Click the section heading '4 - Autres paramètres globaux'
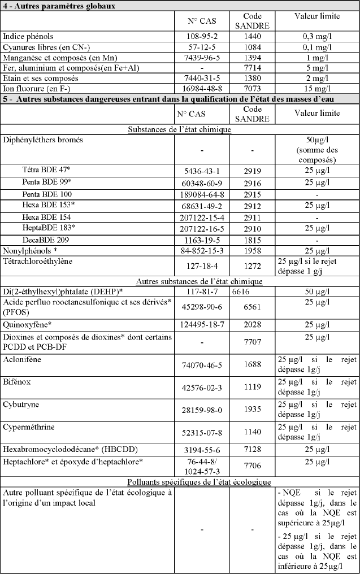58,6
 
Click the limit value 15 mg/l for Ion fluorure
316,89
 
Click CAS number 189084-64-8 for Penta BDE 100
203,193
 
